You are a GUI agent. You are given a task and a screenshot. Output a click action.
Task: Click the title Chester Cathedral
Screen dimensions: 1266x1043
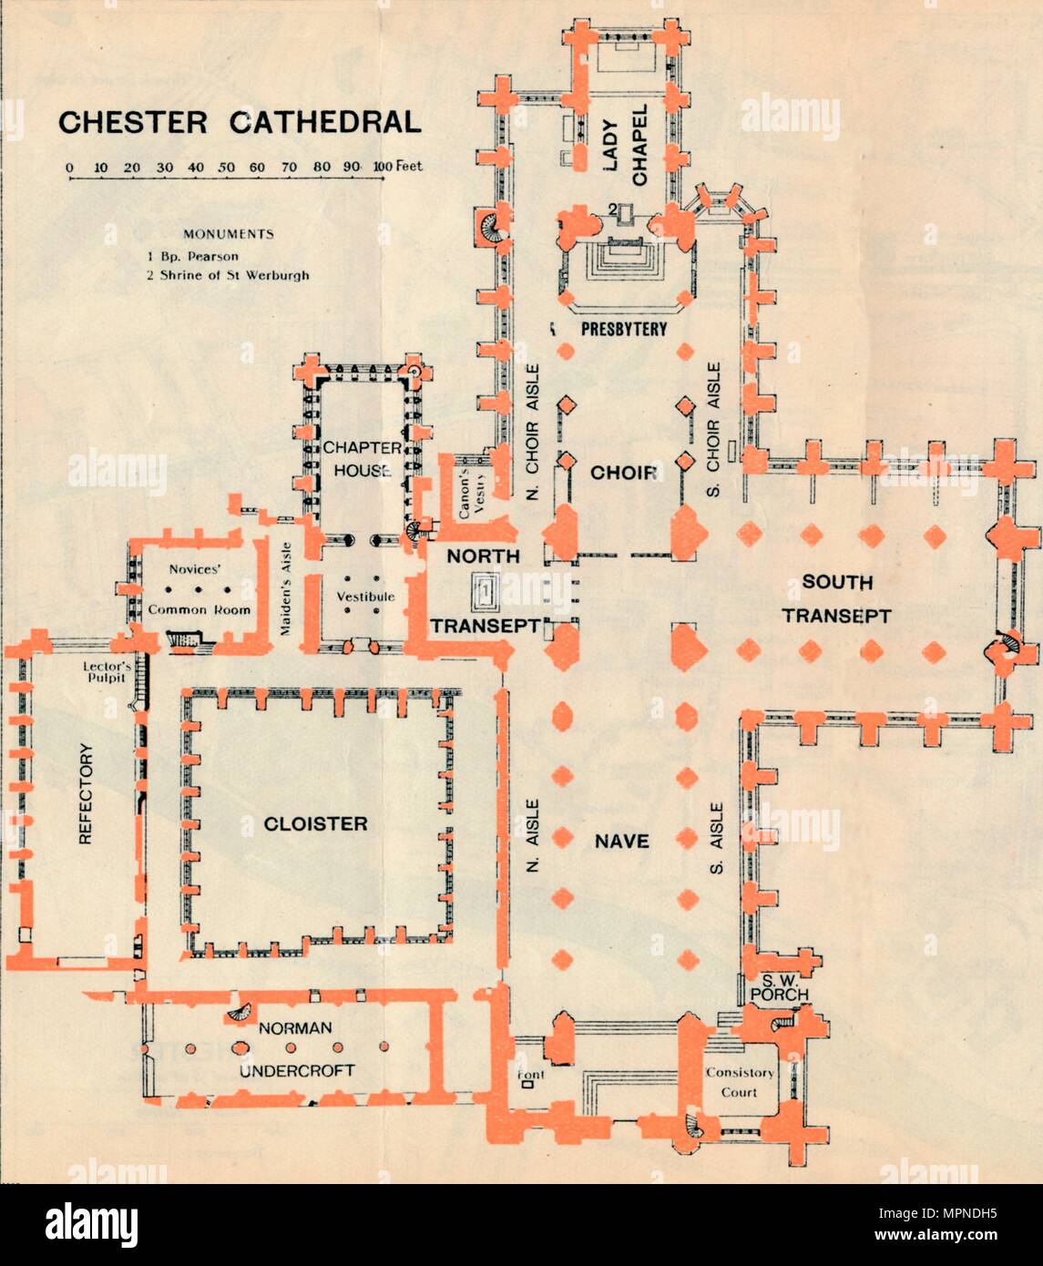coord(240,122)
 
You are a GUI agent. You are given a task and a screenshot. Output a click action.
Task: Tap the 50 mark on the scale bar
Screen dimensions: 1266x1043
coord(227,168)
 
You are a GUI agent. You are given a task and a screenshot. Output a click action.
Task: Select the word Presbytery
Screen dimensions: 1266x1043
coord(624,329)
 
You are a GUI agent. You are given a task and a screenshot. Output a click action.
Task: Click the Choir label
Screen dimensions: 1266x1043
coord(624,473)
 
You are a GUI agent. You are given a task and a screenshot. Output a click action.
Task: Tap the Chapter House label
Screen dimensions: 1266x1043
coord(362,459)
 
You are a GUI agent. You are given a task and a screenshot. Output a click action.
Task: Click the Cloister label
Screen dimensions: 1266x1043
coord(315,823)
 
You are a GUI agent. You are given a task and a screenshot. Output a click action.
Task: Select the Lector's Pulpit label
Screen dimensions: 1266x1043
coord(107,671)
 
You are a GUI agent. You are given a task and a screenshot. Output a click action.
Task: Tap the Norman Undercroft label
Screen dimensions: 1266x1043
coord(296,1049)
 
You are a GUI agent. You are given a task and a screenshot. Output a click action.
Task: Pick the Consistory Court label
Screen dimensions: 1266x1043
coord(739,1082)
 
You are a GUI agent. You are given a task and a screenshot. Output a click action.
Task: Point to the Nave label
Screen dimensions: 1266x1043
coord(621,841)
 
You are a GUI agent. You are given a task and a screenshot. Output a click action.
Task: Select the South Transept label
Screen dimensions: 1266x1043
coord(836,598)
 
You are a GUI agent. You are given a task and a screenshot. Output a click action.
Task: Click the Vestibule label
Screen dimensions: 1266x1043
coord(364,597)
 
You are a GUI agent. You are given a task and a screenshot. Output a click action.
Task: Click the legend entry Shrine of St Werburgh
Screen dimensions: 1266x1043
coord(228,274)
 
